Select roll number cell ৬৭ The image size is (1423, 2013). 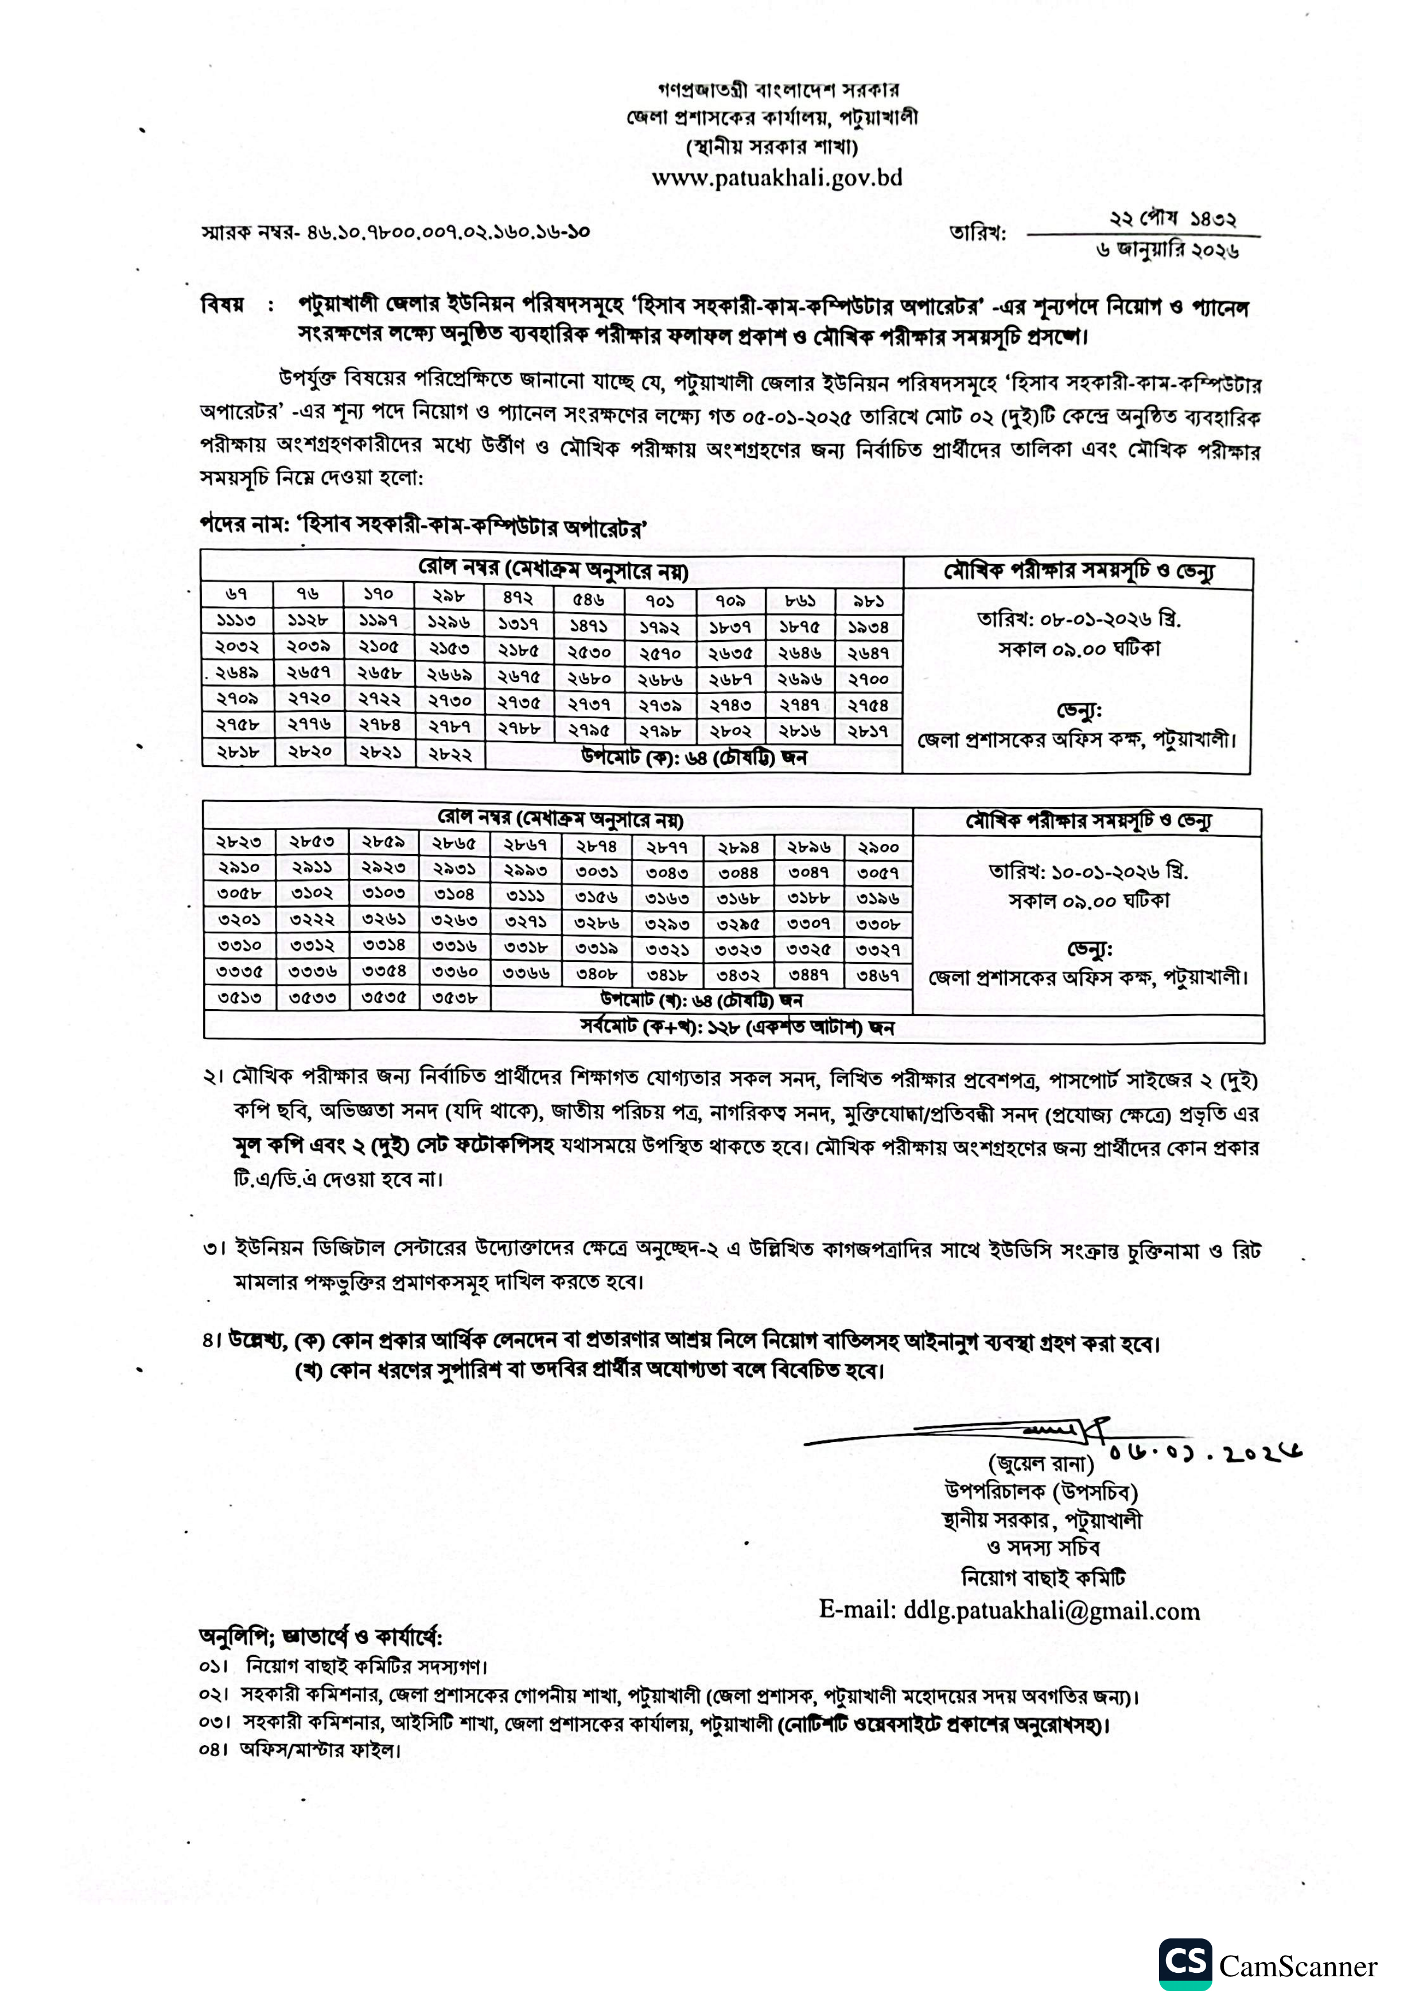pyautogui.click(x=237, y=594)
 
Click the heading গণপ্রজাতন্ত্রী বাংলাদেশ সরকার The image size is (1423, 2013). pyautogui.click(x=777, y=89)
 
